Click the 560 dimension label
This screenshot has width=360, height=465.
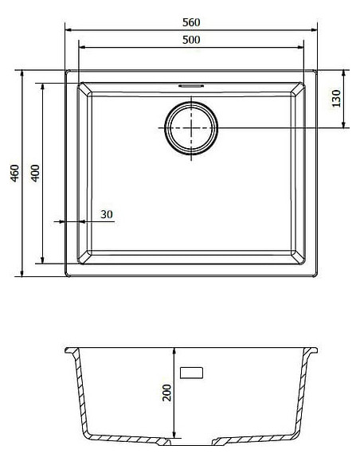point(191,22)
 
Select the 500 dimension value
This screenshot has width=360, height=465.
point(191,40)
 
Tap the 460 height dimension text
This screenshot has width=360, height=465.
point(15,174)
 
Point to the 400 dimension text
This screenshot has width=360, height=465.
point(35,174)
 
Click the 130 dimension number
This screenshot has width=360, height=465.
point(336,98)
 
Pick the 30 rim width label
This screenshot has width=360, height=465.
point(107,214)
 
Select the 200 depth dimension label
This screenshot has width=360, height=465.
point(167,393)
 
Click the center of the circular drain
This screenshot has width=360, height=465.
point(191,128)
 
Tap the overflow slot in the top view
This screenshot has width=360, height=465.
point(191,86)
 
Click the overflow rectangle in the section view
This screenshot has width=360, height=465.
point(192,373)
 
